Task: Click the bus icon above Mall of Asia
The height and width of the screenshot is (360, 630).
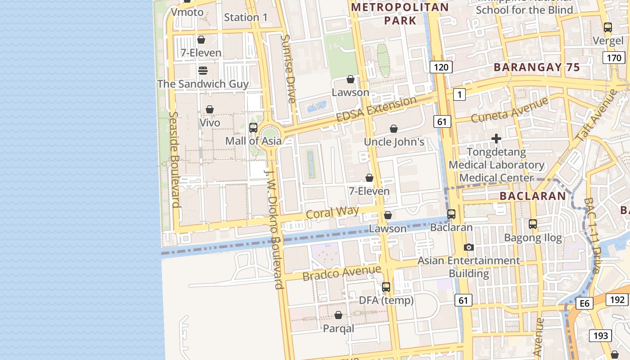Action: (253, 128)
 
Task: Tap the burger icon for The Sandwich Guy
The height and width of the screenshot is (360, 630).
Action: (202, 71)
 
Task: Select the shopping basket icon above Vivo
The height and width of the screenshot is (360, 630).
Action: (210, 109)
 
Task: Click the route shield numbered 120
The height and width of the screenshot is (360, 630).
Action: (441, 67)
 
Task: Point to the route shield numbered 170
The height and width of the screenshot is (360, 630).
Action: (614, 58)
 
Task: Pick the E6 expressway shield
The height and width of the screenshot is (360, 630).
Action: (584, 303)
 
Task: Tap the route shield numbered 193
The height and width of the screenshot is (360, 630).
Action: (600, 335)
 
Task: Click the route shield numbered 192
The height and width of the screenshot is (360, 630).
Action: (617, 300)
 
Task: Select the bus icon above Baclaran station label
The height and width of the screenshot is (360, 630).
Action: (451, 214)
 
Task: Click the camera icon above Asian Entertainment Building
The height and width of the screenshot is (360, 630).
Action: (468, 247)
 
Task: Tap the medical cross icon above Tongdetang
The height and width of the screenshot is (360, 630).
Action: (496, 139)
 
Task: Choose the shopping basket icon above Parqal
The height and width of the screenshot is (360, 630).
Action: (338, 315)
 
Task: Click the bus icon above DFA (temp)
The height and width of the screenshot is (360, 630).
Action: (386, 287)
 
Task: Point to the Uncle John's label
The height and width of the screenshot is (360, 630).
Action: (394, 142)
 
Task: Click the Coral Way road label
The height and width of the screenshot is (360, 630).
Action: (333, 212)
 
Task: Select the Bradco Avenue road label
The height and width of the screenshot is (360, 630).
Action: (342, 273)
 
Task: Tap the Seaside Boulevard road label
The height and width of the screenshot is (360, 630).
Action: (175, 159)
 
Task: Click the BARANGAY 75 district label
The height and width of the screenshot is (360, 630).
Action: (536, 67)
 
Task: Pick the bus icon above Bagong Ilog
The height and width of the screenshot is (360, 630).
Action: (533, 224)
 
